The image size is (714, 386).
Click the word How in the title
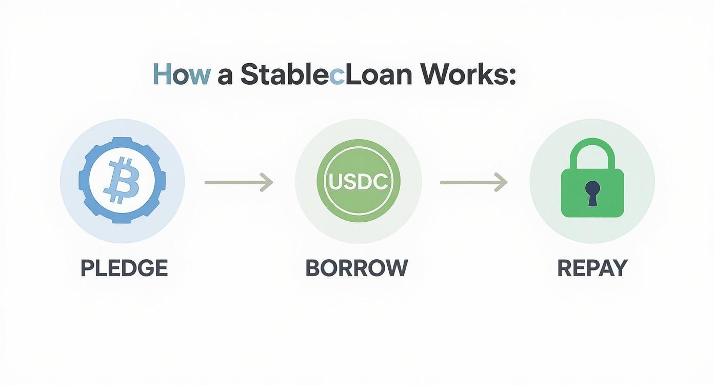181,75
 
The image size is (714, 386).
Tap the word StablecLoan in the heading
326,75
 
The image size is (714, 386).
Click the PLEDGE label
124,268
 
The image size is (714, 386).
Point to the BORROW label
356,268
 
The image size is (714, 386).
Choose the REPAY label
592,268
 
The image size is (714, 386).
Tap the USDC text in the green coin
358,182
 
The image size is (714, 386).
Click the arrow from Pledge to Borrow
239,182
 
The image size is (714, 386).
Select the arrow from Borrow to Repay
473,182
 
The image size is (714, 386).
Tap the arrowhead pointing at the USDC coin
267,182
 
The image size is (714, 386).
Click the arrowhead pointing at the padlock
502,182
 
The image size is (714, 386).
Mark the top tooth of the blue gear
122,140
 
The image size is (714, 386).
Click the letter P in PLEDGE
86,268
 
